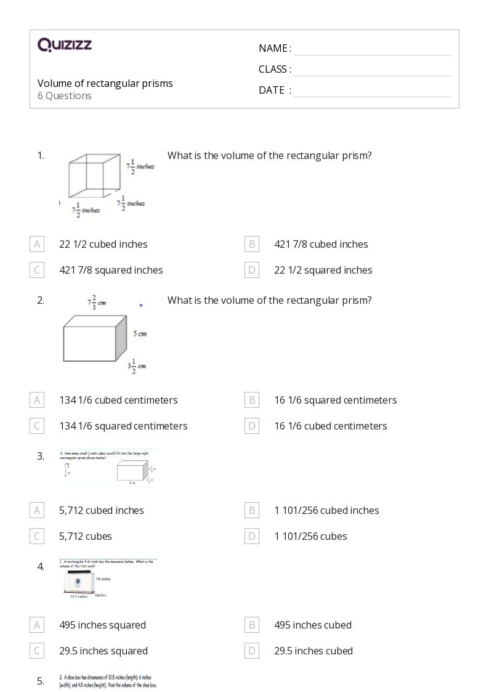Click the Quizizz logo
pyautogui.click(x=65, y=45)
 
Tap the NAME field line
pyautogui.click(x=372, y=49)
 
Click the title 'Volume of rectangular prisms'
pyautogui.click(x=105, y=83)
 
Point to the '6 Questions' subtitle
pyautogui.click(x=65, y=96)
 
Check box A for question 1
pyautogui.click(x=37, y=244)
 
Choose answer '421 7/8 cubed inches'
pyautogui.click(x=321, y=244)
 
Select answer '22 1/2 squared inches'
pyautogui.click(x=323, y=270)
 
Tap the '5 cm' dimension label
pyautogui.click(x=140, y=334)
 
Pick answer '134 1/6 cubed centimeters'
pyautogui.click(x=118, y=400)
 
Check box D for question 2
pyautogui.click(x=251, y=426)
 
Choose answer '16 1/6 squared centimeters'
pyautogui.click(x=335, y=400)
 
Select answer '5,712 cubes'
pyautogui.click(x=86, y=536)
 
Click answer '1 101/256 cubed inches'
pyautogui.click(x=326, y=510)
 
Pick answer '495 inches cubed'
pyautogui.click(x=313, y=625)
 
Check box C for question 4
pyautogui.click(x=37, y=651)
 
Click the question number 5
pyautogui.click(x=41, y=681)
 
